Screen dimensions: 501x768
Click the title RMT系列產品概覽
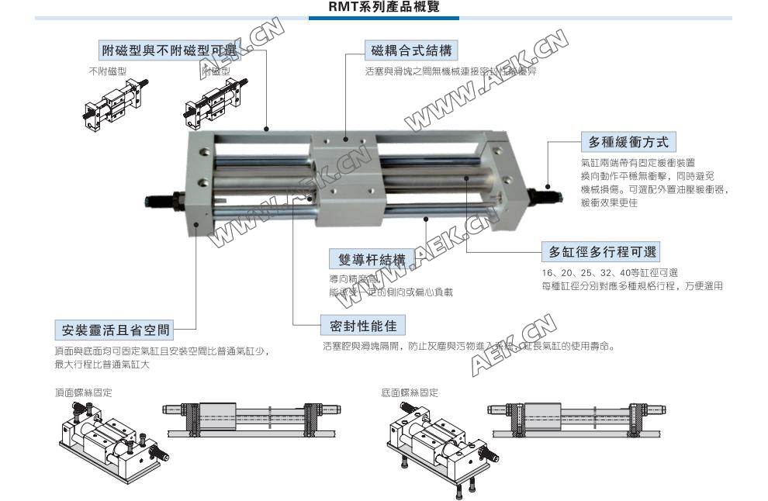384,9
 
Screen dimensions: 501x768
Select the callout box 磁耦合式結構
410,50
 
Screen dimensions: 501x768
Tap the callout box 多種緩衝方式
628,142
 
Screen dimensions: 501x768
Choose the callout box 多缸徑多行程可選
602,251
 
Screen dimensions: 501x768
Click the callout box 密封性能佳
363,325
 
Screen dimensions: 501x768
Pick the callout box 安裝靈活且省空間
115,330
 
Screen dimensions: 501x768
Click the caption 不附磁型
108,71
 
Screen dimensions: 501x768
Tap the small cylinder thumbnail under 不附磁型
109,105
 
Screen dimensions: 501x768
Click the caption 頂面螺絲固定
83,392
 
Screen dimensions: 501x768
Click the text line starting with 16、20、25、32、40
610,272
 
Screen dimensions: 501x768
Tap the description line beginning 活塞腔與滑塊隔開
469,346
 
